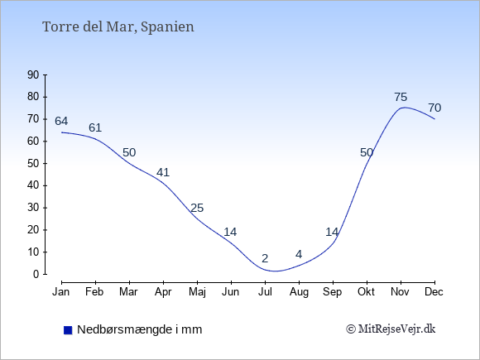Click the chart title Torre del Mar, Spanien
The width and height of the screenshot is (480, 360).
tap(118, 27)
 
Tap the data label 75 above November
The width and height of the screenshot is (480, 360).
tap(401, 98)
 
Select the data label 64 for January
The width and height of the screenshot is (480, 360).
tap(61, 121)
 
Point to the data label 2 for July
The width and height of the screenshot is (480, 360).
tap(265, 258)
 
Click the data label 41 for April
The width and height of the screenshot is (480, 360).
tap(163, 172)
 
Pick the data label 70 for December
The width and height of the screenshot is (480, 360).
tap(434, 108)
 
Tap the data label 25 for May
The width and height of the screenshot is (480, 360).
tap(197, 209)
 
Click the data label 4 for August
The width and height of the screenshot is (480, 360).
tap(299, 254)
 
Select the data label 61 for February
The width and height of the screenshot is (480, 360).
tap(95, 127)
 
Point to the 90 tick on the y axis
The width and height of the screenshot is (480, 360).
tap(33, 74)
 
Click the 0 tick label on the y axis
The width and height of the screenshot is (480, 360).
tap(36, 274)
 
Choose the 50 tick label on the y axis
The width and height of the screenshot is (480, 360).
tap(33, 163)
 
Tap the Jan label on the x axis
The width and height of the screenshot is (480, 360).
tap(61, 292)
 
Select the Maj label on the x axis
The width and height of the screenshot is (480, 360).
tap(197, 292)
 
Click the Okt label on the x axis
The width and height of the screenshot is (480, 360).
tap(366, 292)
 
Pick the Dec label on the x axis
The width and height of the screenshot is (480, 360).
tap(434, 292)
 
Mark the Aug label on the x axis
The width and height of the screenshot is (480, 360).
tap(299, 292)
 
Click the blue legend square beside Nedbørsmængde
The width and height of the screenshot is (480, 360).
tap(68, 330)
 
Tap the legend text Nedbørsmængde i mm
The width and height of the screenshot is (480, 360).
tap(140, 329)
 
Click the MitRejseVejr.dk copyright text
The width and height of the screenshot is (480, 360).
tap(391, 329)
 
